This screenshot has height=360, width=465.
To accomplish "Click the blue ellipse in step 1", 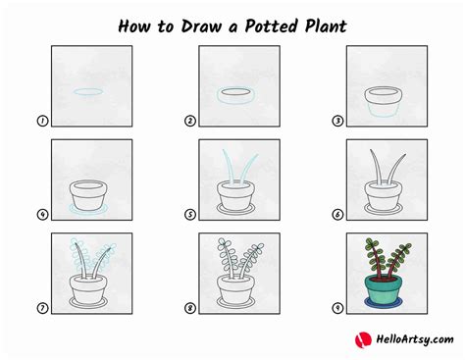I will (x=89, y=94).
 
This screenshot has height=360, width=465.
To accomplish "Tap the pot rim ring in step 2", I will (x=236, y=96).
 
